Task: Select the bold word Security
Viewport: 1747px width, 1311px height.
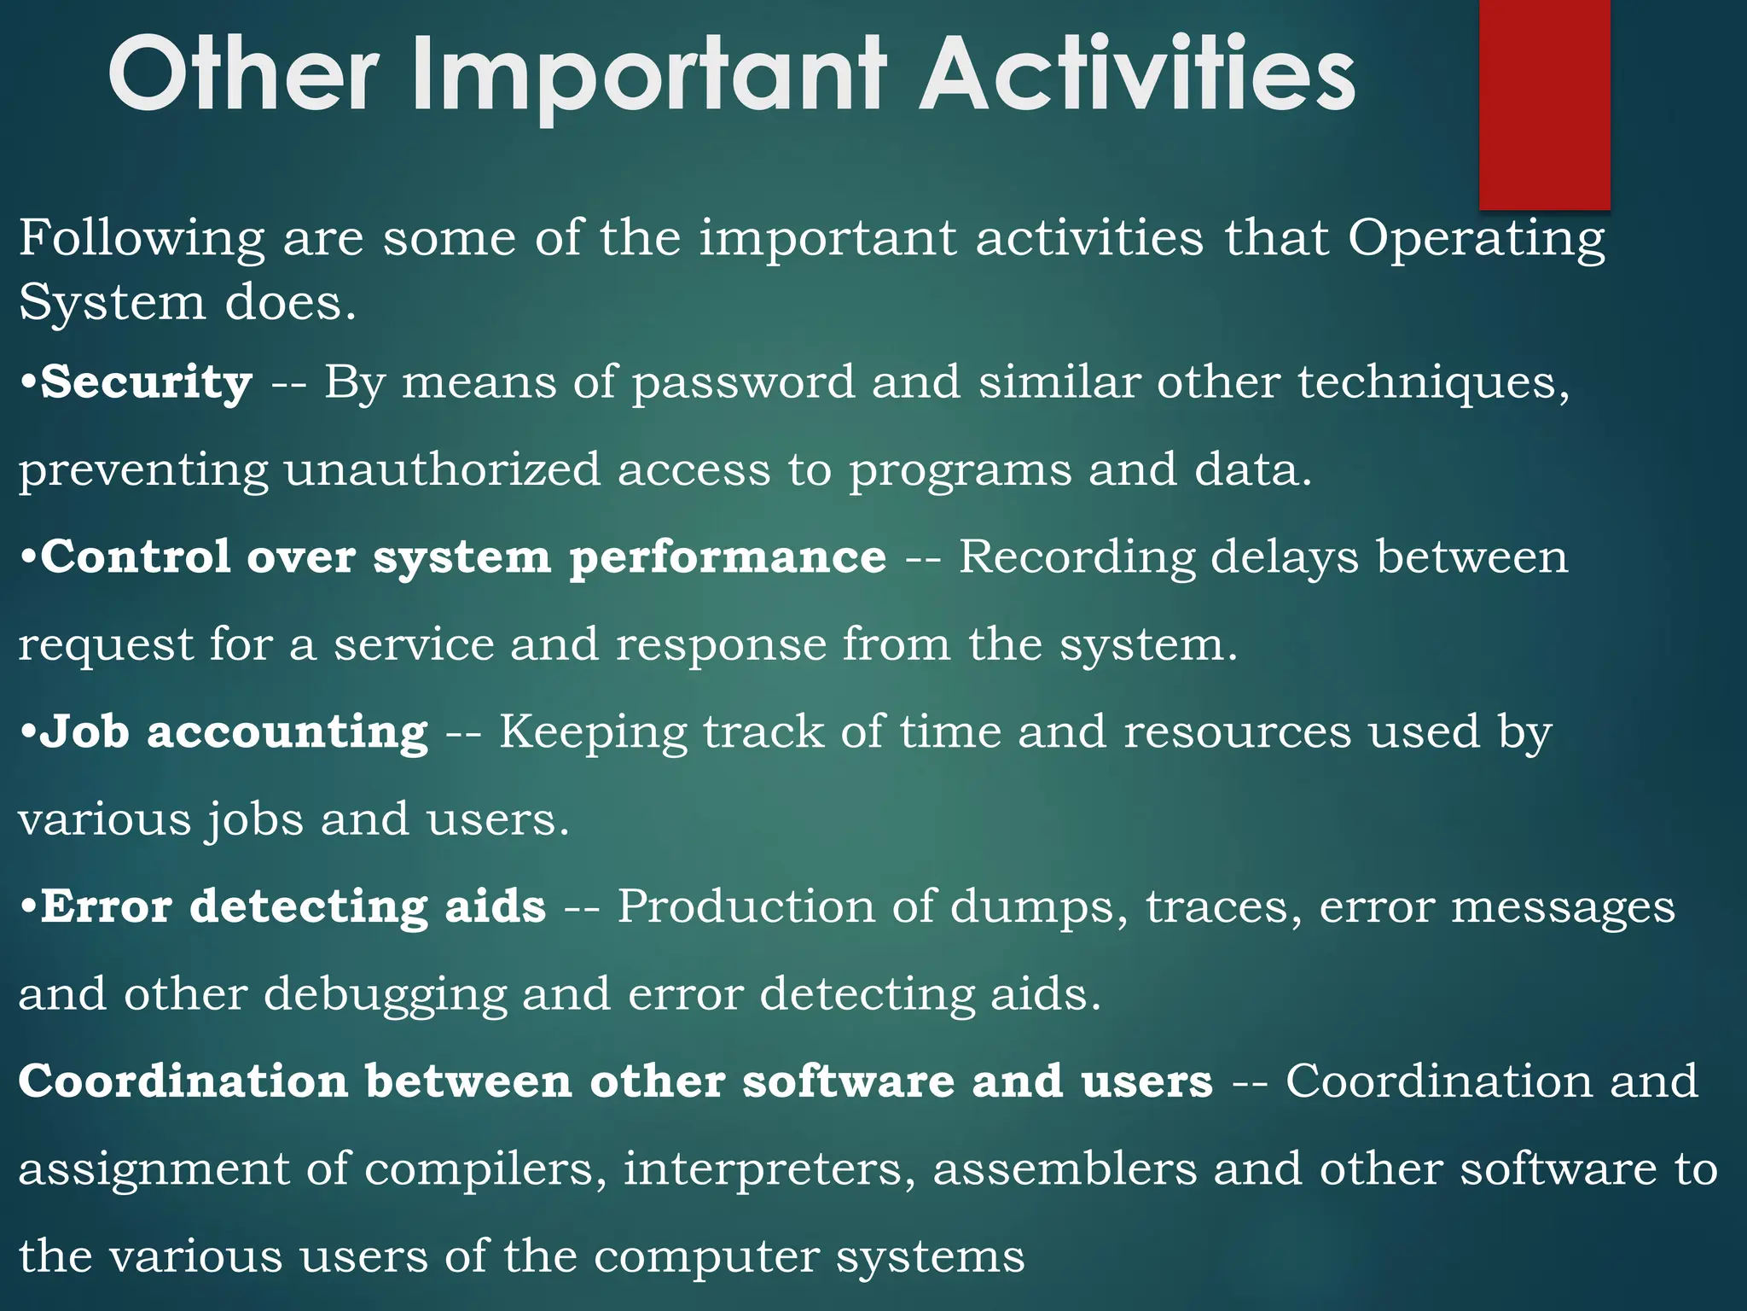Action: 147,382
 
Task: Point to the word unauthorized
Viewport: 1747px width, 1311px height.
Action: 442,470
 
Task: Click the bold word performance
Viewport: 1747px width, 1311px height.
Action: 728,559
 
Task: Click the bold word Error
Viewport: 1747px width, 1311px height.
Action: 107,906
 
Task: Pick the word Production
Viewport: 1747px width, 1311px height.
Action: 746,907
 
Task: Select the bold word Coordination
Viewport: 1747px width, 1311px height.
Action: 183,1081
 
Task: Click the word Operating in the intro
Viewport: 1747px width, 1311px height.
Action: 1477,239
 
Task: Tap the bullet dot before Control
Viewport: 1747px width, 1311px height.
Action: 28,558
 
